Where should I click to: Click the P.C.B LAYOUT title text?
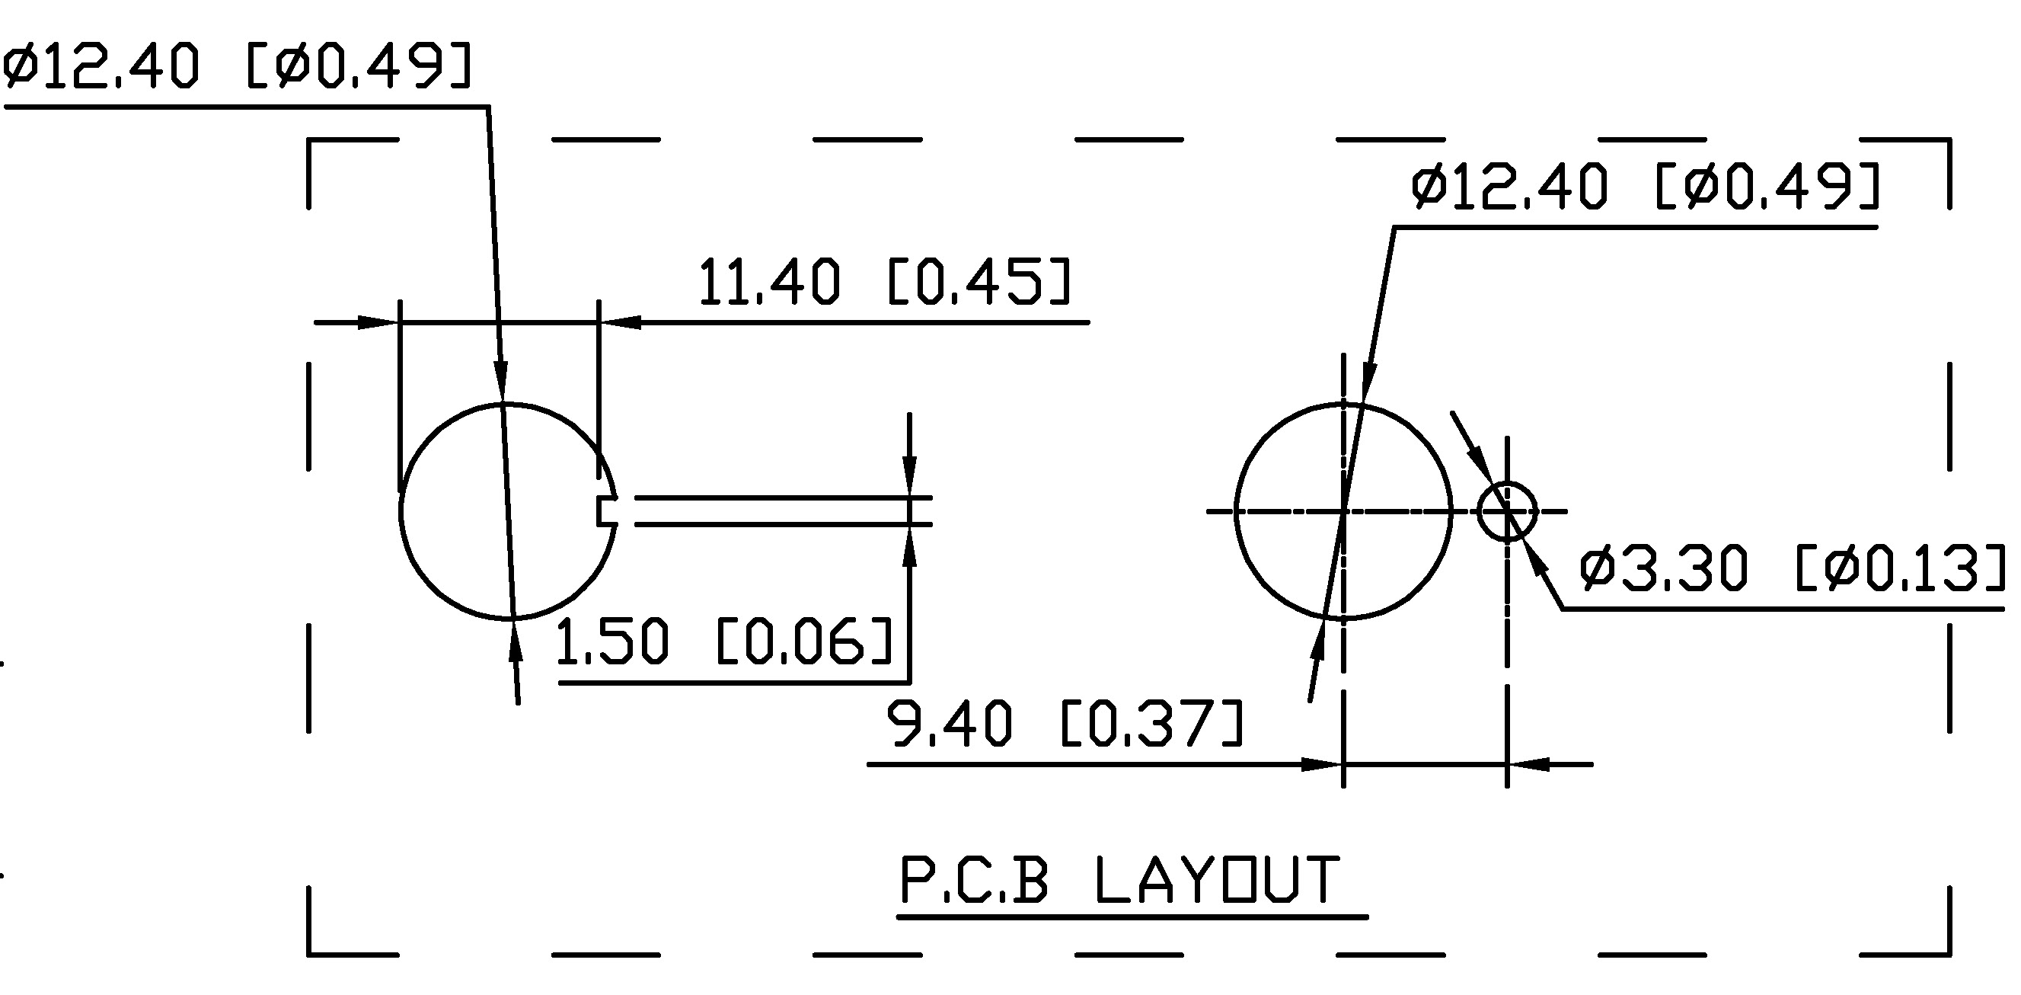click(x=1119, y=880)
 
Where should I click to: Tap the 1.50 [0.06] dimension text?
click(x=725, y=640)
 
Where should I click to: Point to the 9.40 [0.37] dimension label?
click(x=1065, y=722)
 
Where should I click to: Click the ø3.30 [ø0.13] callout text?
click(x=1792, y=568)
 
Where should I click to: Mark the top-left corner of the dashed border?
click(x=308, y=139)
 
